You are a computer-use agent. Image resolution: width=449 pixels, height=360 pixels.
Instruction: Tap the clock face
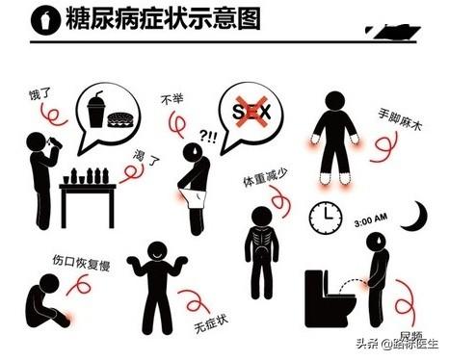click(x=326, y=218)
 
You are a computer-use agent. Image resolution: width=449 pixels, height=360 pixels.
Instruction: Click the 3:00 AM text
click(x=371, y=219)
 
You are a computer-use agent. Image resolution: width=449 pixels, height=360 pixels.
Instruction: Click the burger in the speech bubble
click(x=120, y=120)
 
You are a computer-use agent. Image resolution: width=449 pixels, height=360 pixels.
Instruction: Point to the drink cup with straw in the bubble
click(x=96, y=109)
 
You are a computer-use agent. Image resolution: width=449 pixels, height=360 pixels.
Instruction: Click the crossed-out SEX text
click(x=252, y=112)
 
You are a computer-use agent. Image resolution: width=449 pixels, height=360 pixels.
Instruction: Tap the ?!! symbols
click(x=208, y=137)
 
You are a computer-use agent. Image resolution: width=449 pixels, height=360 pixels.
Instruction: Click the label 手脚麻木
click(x=400, y=119)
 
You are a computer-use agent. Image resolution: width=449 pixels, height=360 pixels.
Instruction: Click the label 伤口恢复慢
click(x=81, y=263)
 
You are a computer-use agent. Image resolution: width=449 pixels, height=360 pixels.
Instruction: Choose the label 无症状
click(x=211, y=323)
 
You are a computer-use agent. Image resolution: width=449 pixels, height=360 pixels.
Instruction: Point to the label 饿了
click(x=40, y=93)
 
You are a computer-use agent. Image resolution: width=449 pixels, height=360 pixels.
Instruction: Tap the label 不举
click(x=172, y=99)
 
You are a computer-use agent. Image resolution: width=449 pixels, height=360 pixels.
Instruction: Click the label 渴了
click(x=146, y=158)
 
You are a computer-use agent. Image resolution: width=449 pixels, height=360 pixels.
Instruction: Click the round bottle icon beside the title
click(x=46, y=20)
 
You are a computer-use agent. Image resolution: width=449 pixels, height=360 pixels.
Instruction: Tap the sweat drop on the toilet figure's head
click(x=380, y=240)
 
